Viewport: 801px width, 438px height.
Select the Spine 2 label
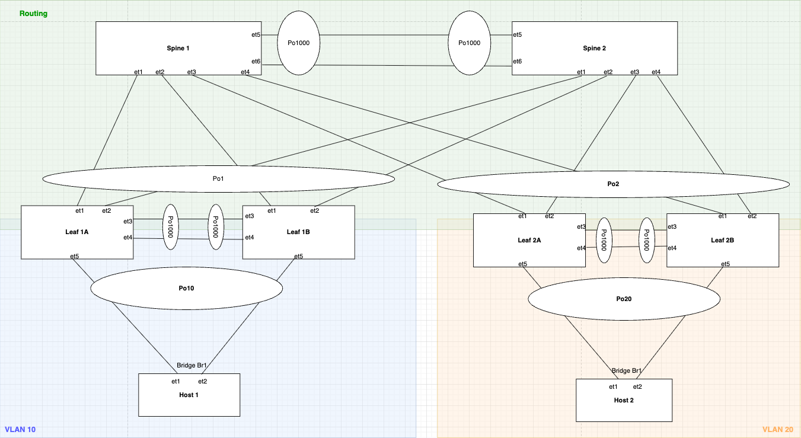(595, 48)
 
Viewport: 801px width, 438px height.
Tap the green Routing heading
(33, 13)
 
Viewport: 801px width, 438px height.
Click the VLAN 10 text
(20, 429)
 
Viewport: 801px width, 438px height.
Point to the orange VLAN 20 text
(777, 429)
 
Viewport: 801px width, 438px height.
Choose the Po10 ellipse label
(186, 288)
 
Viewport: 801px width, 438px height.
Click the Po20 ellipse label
(624, 299)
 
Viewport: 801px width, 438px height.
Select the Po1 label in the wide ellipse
(218, 178)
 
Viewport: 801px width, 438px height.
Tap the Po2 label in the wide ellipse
(613, 184)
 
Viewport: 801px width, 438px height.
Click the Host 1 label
(189, 395)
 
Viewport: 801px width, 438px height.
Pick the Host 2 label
(624, 400)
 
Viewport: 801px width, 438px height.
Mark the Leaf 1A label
(77, 232)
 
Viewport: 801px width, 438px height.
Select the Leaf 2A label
(529, 240)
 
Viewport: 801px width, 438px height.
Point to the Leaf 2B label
(722, 240)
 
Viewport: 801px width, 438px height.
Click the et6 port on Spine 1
(256, 62)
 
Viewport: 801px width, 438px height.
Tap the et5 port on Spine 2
(517, 35)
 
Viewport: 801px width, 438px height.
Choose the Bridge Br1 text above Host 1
(192, 366)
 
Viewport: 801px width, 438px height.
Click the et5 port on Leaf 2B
(725, 264)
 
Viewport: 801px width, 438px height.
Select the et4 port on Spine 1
(245, 72)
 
